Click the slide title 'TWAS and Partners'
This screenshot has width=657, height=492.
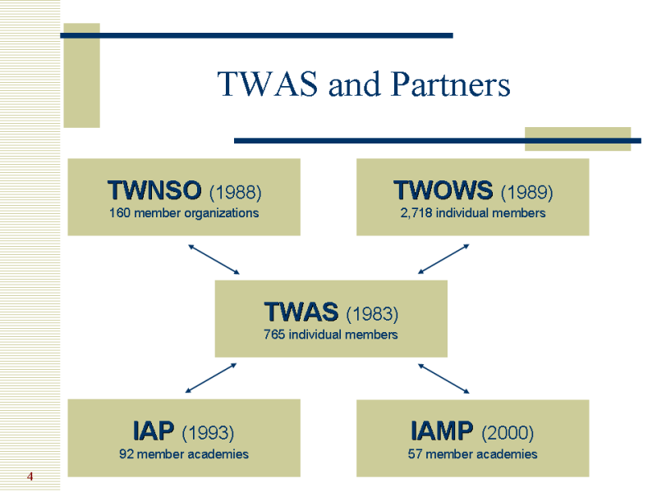tap(363, 84)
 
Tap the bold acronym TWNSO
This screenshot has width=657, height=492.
tap(154, 191)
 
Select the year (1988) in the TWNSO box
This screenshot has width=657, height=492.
tap(235, 193)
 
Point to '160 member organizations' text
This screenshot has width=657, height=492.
tap(184, 213)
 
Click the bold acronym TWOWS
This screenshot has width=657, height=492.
tap(444, 191)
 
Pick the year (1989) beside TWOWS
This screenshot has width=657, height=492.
tap(526, 193)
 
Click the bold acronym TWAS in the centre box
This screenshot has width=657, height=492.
tap(301, 312)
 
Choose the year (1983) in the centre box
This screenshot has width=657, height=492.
tap(372, 314)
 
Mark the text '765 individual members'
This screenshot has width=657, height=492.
tap(331, 335)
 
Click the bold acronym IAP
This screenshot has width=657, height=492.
tap(154, 430)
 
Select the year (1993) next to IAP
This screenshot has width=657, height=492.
tap(208, 433)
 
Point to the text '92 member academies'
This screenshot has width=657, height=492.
tap(184, 453)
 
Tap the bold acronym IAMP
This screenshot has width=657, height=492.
tap(442, 430)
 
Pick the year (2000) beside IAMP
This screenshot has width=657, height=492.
tap(508, 433)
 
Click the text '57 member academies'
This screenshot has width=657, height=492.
tap(473, 453)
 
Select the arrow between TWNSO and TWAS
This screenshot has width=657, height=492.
tap(214, 259)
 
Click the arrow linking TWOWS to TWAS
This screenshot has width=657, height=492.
tap(443, 259)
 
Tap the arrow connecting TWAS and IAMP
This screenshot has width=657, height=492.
tap(443, 378)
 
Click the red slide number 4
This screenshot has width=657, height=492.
tap(30, 476)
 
